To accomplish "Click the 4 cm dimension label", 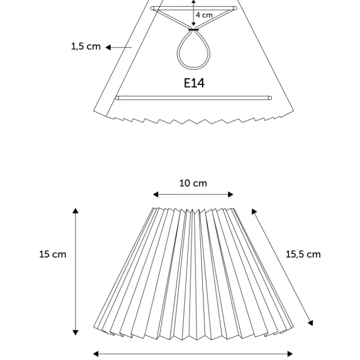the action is (204, 15).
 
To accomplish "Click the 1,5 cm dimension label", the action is (86, 46).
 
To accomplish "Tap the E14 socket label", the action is (194, 83).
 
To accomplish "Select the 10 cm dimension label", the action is (193, 183).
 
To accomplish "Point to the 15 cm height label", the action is (52, 254).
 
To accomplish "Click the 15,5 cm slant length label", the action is (303, 254).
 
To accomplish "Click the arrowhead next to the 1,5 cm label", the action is (108, 47).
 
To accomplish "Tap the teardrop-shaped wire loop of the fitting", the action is (193, 49).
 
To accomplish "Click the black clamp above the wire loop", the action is (193, 30).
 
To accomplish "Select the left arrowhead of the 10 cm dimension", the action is (156, 195).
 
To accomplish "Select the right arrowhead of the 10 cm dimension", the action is (231, 195).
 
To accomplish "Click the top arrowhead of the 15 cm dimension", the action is (76, 211).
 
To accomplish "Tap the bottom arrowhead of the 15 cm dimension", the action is (76, 332).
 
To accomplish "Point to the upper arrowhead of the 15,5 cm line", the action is (254, 211).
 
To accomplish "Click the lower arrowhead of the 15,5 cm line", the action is (311, 323).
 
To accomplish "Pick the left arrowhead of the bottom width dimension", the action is (96, 354).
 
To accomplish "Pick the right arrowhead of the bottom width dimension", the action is (290, 354).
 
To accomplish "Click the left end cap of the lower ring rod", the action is (117, 98).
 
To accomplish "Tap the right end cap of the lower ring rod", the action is (270, 98).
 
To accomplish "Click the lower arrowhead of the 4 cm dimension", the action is (193, 24).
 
